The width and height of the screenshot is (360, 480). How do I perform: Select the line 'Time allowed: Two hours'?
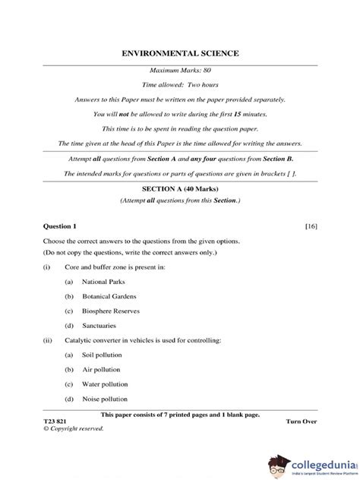pyautogui.click(x=180, y=85)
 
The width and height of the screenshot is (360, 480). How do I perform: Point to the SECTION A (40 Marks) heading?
pyautogui.click(x=180, y=186)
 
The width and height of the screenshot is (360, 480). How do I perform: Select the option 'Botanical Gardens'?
pyautogui.click(x=112, y=295)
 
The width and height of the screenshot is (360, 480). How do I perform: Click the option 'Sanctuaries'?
pyautogui.click(x=103, y=325)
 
